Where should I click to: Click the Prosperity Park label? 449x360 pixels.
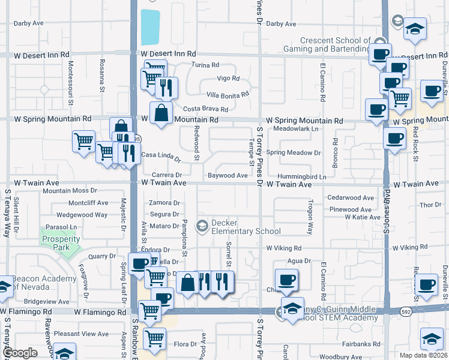(x=61, y=244)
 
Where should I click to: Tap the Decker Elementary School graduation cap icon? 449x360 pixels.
(x=203, y=226)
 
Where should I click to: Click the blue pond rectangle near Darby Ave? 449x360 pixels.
(x=151, y=28)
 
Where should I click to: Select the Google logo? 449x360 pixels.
(x=20, y=353)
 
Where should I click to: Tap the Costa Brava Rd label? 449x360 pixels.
(x=205, y=109)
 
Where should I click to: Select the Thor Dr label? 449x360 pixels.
(x=430, y=205)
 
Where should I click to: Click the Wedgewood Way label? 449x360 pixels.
(x=82, y=214)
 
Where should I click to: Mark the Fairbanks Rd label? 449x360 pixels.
(x=361, y=344)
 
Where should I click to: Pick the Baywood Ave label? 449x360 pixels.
(x=228, y=176)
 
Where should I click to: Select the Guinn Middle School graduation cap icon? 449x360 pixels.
(x=292, y=308)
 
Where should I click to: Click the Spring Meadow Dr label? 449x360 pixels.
(x=294, y=153)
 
